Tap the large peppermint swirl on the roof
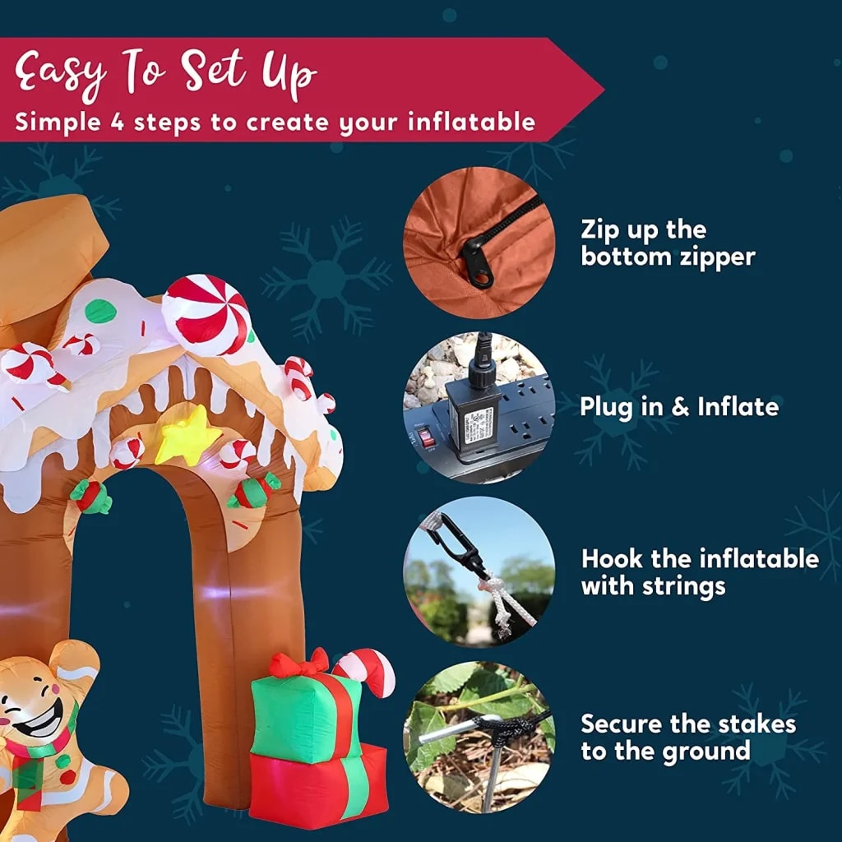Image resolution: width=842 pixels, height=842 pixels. click(206, 314)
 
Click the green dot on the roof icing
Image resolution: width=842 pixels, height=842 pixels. click(100, 311)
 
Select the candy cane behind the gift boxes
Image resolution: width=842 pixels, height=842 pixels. click(366, 668)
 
